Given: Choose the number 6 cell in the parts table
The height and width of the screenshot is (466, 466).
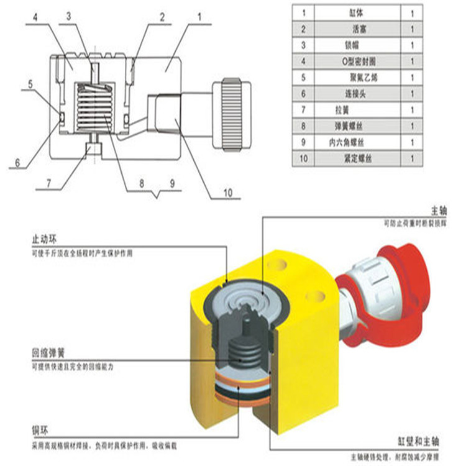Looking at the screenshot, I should (303, 94).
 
